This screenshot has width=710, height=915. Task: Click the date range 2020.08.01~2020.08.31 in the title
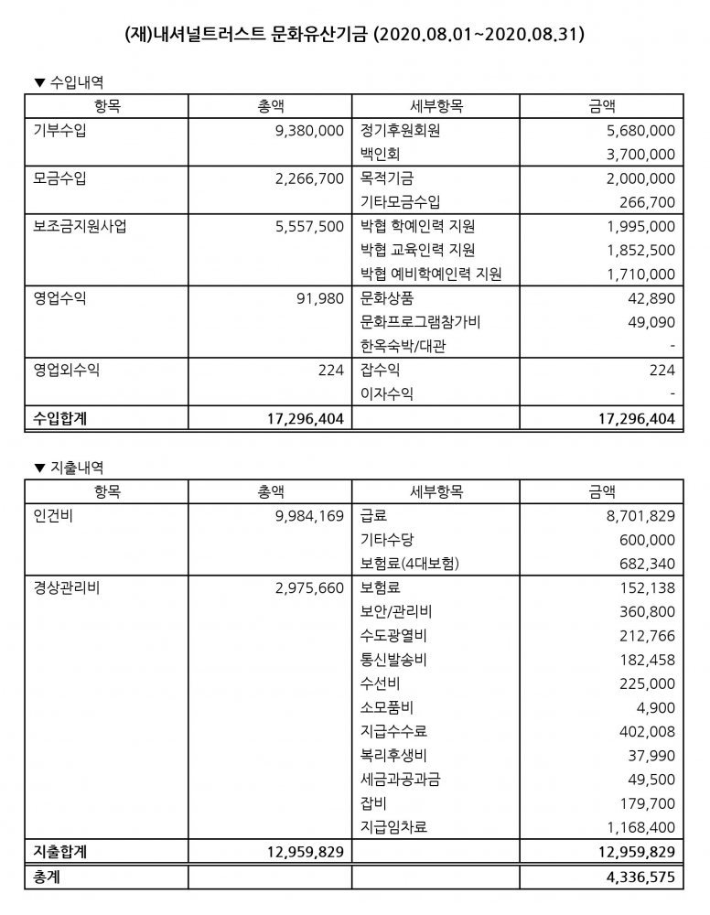click(480, 36)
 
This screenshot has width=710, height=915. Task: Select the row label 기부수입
click(59, 131)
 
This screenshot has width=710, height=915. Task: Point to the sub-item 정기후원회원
click(401, 131)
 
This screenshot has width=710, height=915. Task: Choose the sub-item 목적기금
click(389, 178)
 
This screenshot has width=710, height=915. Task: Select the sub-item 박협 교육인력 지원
click(418, 250)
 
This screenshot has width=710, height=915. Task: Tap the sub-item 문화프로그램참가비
click(421, 322)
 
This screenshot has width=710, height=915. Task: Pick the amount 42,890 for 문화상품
click(651, 298)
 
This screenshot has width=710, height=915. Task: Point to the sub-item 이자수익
click(387, 394)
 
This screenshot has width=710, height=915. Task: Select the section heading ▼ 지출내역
click(69, 468)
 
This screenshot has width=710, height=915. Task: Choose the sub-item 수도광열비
click(394, 636)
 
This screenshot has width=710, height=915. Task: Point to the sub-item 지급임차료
click(394, 827)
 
